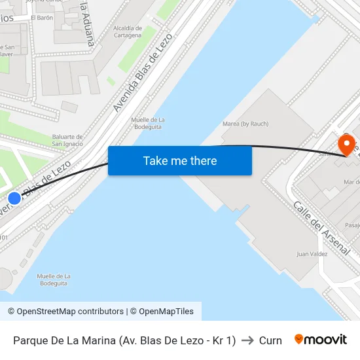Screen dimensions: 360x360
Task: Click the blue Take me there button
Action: pyautogui.click(x=180, y=160)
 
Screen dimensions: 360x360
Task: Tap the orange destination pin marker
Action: pyautogui.click(x=346, y=145)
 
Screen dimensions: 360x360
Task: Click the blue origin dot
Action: pyautogui.click(x=14, y=198)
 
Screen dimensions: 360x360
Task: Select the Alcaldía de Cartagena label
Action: pyautogui.click(x=128, y=31)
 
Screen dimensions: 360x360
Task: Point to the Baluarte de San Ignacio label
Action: pyautogui.click(x=67, y=139)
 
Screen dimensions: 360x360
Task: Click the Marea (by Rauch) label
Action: pyautogui.click(x=245, y=124)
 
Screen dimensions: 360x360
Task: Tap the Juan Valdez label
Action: pyautogui.click(x=312, y=253)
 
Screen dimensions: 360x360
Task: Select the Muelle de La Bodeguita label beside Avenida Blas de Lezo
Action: pyautogui.click(x=147, y=123)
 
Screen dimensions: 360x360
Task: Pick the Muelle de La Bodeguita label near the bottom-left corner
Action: pyautogui.click(x=54, y=279)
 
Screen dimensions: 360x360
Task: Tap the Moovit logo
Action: pyautogui.click(x=321, y=340)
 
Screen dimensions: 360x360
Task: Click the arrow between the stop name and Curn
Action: pyautogui.click(x=247, y=340)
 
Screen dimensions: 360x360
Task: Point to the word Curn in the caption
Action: pyautogui.click(x=270, y=340)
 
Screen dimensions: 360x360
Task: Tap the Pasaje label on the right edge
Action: pyautogui.click(x=352, y=225)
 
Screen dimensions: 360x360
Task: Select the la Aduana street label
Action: pyautogui.click(x=86, y=23)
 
